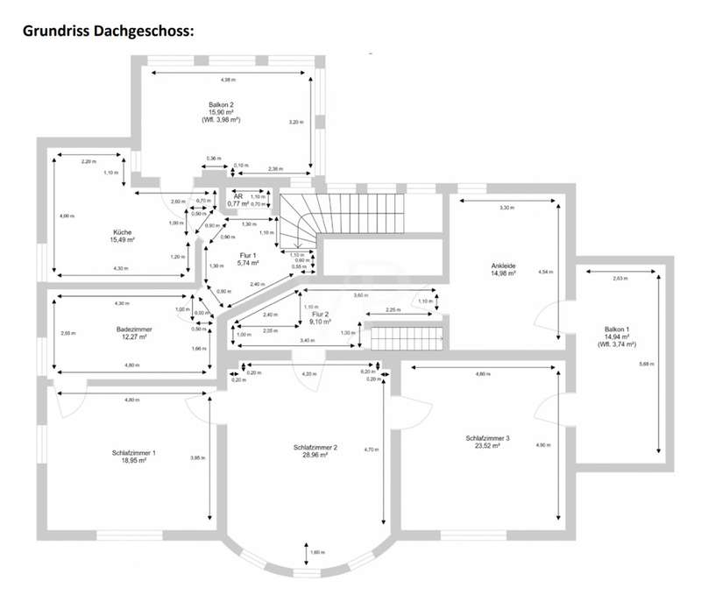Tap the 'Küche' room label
pos(122,232)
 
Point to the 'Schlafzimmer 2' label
pos(311,448)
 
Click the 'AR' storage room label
pos(237,196)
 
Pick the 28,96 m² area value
pos(311,456)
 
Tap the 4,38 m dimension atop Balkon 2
pos(228,81)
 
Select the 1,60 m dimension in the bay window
pos(317,552)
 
